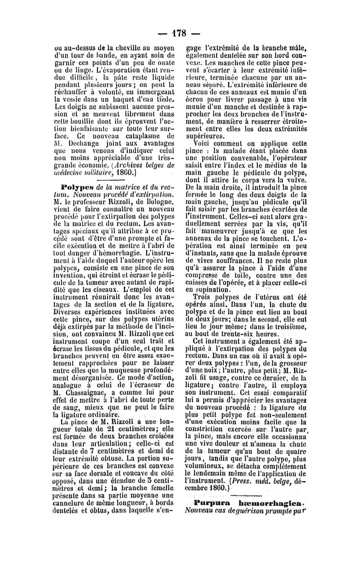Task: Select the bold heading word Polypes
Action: tap(75, 186)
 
